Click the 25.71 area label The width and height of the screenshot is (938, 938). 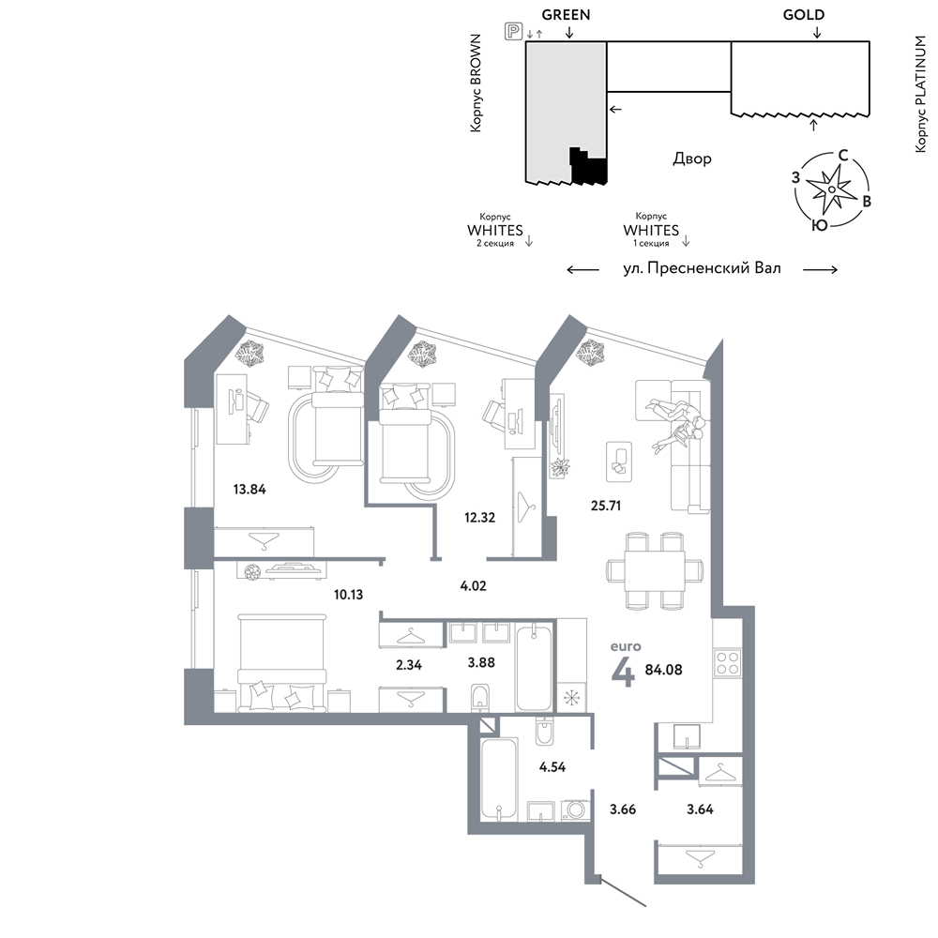(x=605, y=506)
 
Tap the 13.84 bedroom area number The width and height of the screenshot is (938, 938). (x=250, y=490)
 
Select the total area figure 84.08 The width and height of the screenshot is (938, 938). (x=663, y=670)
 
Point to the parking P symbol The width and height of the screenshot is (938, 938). (x=513, y=31)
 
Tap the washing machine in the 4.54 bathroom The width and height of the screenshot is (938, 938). (x=576, y=810)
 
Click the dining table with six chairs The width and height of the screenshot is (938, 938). (x=655, y=570)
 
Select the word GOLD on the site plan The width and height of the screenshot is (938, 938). (x=804, y=14)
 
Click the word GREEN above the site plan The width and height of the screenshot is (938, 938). (x=566, y=14)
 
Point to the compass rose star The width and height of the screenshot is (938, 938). (x=831, y=189)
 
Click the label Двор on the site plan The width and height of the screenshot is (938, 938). (x=692, y=159)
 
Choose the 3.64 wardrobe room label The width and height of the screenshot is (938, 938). (x=700, y=809)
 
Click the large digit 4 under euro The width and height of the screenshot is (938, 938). (x=623, y=673)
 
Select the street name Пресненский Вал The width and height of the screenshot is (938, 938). (x=714, y=268)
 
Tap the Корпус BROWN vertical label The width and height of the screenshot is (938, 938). (x=476, y=83)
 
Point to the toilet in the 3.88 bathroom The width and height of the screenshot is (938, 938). (x=480, y=698)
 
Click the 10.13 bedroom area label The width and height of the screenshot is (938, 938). (x=348, y=595)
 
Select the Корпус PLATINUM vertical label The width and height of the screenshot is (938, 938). (x=921, y=94)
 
